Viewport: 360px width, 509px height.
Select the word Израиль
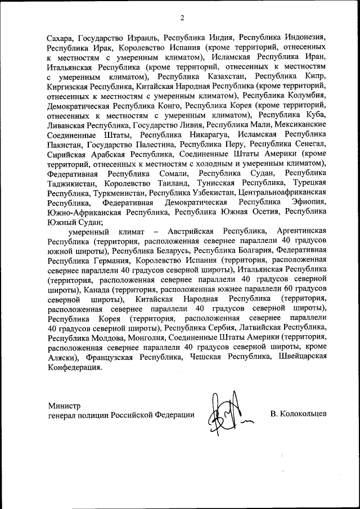pos(142,39)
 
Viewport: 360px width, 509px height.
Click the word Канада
pos(94,290)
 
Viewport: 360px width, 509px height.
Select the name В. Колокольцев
pos(298,415)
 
